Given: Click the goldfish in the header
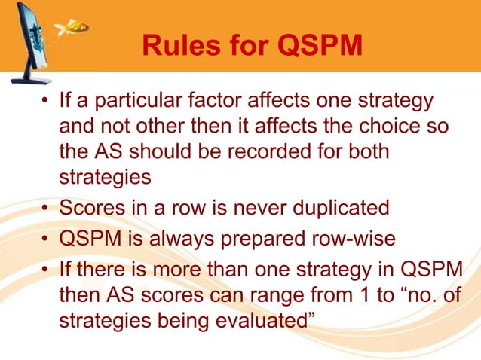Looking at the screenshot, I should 75,28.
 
